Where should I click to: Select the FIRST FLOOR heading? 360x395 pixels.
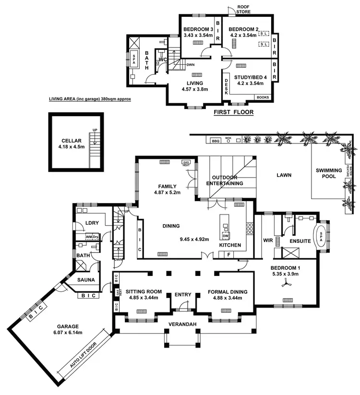(x=233, y=113)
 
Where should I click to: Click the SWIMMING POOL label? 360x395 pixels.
(x=329, y=173)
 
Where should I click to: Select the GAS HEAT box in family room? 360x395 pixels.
(x=186, y=163)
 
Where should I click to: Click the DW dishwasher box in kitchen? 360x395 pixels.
(x=226, y=236)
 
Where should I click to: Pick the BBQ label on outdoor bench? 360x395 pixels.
(x=216, y=141)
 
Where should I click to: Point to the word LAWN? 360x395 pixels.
(x=285, y=176)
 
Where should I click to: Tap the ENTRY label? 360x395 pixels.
(x=183, y=294)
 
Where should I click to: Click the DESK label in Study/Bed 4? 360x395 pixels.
(x=226, y=86)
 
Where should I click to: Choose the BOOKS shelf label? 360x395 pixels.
(x=263, y=97)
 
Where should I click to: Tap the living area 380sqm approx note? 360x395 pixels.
(x=90, y=99)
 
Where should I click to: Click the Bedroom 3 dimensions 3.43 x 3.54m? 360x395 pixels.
(x=197, y=35)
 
